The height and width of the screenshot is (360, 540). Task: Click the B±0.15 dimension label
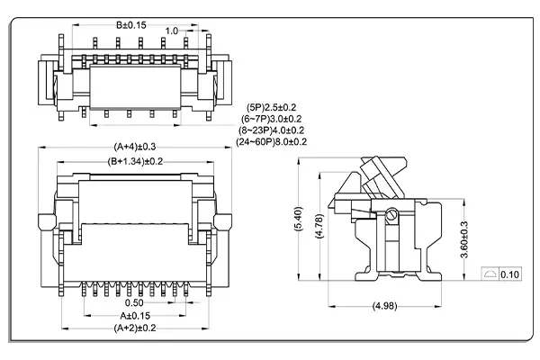[x=130, y=24]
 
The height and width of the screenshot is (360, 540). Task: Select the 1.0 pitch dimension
[x=171, y=31]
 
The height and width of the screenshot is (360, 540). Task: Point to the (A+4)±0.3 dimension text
[x=134, y=146]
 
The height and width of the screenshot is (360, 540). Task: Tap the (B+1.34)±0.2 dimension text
[x=135, y=161]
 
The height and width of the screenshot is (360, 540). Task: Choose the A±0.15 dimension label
[x=134, y=316]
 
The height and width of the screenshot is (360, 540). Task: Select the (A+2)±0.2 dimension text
[x=134, y=329]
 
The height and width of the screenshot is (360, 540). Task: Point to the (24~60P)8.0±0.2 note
[x=273, y=141]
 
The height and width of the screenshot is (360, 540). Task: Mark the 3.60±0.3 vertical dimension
[x=463, y=238]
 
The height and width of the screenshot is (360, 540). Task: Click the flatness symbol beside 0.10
[x=490, y=274]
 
